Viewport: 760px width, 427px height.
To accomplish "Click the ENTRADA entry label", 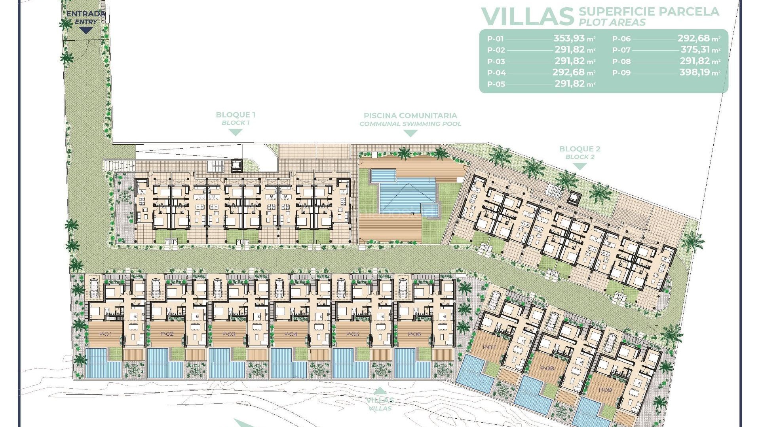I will pos(86,14).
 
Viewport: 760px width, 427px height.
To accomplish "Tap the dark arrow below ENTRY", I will pos(86,30).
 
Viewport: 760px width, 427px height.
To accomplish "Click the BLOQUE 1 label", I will pos(236,115).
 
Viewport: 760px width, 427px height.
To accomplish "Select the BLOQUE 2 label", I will pos(579,149).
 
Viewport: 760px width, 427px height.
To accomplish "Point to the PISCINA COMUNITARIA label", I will pos(410,116).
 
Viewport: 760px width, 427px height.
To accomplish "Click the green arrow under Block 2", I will pos(579,166).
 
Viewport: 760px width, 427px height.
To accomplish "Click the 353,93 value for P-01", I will pos(569,38).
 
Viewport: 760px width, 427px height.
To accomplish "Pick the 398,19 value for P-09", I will pos(695,72).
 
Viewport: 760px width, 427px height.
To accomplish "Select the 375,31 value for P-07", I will pos(695,50).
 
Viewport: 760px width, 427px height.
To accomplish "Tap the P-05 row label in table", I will pos(496,84).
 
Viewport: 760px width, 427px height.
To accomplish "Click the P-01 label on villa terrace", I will pos(106,334).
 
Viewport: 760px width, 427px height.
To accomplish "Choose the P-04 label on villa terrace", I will pos(291,334).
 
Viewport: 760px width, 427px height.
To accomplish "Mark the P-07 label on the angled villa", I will pos(490,347).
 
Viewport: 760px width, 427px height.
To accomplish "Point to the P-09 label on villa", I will pos(605,390).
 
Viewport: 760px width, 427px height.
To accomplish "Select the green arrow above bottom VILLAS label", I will pos(380,390).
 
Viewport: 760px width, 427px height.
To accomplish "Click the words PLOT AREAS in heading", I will pos(612,23).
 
